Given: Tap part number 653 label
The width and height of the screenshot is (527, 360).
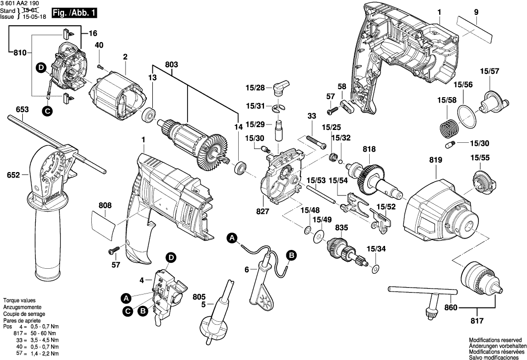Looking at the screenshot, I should click(22, 110).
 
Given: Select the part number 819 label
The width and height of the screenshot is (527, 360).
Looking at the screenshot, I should click(436, 160).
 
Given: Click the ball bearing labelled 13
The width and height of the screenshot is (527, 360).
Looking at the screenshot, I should click(148, 117).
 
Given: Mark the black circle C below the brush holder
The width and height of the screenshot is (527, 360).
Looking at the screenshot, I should click(47, 112).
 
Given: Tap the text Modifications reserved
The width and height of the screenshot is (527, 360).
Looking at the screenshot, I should click(497, 340).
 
